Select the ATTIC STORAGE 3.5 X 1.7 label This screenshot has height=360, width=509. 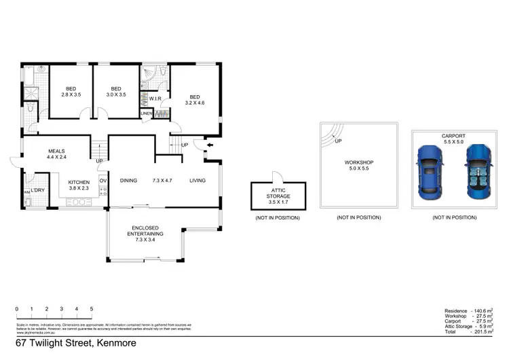pyautogui.click(x=278, y=195)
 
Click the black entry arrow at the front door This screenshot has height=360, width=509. pyautogui.click(x=209, y=145)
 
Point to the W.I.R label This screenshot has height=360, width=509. pyautogui.click(x=153, y=98)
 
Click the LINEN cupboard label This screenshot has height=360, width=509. pyautogui.click(x=146, y=113)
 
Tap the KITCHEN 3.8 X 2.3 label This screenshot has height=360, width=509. pyautogui.click(x=79, y=186)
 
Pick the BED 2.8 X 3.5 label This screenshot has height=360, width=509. pyautogui.click(x=71, y=92)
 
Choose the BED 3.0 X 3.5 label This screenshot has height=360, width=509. pyautogui.click(x=116, y=92)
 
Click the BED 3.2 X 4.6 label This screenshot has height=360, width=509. pyautogui.click(x=195, y=100)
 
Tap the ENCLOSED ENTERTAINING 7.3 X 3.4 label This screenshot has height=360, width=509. pyautogui.click(x=145, y=233)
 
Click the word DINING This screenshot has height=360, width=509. pyautogui.click(x=129, y=181)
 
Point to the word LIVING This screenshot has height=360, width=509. pyautogui.click(x=197, y=181)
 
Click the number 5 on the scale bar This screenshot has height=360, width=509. pyautogui.click(x=91, y=309)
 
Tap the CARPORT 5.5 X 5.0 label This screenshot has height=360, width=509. pyautogui.click(x=453, y=139)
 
